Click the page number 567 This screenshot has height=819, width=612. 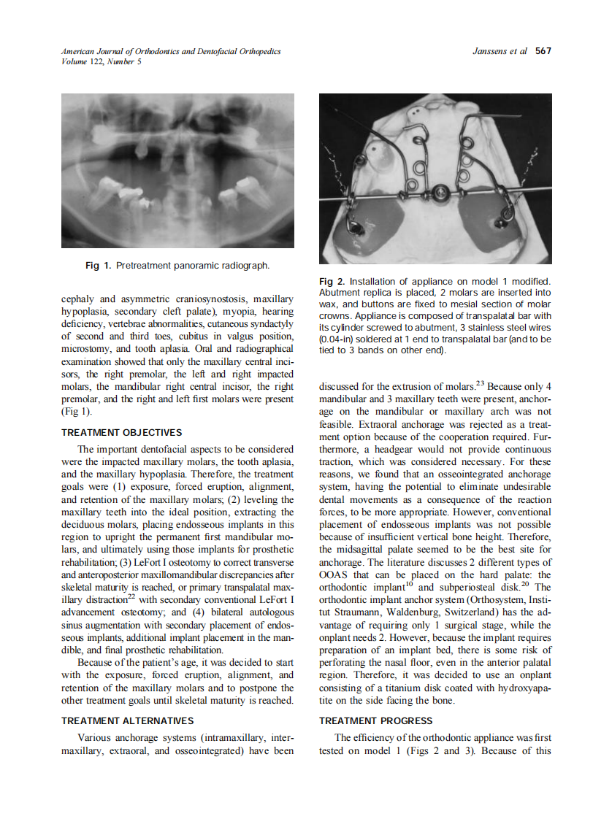click(543, 51)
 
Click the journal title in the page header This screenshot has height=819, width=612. click(171, 51)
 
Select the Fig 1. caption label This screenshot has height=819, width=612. click(99, 265)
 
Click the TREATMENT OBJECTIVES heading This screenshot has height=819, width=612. click(121, 433)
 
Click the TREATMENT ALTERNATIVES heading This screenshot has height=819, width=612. click(127, 720)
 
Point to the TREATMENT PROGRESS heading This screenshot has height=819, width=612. click(376, 720)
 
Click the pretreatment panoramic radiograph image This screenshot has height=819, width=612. click(177, 171)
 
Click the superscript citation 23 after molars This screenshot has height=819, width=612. click(481, 382)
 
